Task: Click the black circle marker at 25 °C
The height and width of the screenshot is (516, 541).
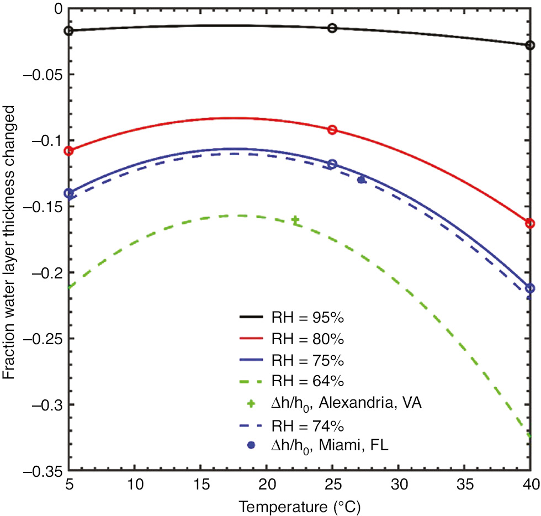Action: pyautogui.click(x=332, y=28)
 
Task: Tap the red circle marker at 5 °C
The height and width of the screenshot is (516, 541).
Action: pyautogui.click(x=69, y=151)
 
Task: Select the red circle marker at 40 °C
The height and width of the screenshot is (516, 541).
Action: pyautogui.click(x=530, y=223)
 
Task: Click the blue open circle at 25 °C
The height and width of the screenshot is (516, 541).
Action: pyautogui.click(x=332, y=164)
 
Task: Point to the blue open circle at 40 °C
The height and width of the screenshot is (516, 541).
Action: pyautogui.click(x=530, y=288)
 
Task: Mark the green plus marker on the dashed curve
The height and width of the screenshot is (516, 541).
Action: pyautogui.click(x=296, y=220)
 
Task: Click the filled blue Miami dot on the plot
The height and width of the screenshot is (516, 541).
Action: pyautogui.click(x=361, y=180)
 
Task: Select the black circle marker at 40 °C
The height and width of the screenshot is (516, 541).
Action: pyautogui.click(x=530, y=45)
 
